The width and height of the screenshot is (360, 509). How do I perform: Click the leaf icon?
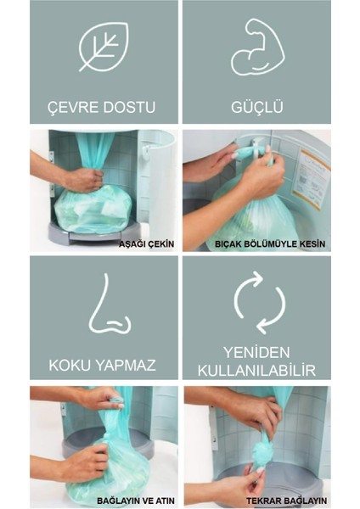(104, 46)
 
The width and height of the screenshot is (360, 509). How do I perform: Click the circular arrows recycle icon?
(259, 303)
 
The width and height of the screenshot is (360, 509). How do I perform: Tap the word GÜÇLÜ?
(257, 106)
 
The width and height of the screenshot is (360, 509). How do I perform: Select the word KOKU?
(69, 366)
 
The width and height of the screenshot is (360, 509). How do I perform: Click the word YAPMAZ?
(125, 366)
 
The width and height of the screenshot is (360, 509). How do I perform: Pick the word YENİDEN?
(256, 352)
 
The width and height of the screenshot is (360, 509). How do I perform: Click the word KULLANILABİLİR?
(256, 371)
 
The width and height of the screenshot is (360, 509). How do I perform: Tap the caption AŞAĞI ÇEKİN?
(146, 243)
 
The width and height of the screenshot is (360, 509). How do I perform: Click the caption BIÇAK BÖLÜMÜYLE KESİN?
(270, 243)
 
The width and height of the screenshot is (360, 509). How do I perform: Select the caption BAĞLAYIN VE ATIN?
(136, 501)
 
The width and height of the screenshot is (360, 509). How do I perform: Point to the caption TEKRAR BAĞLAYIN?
(286, 501)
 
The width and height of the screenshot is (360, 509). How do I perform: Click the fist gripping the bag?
(83, 180)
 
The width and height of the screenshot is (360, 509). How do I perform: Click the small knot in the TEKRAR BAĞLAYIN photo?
(262, 452)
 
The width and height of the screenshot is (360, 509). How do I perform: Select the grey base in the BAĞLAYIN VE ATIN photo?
(108, 441)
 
